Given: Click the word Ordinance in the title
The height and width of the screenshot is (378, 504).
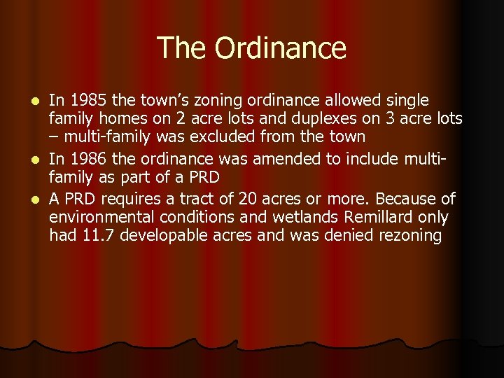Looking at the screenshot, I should tap(281, 48).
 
